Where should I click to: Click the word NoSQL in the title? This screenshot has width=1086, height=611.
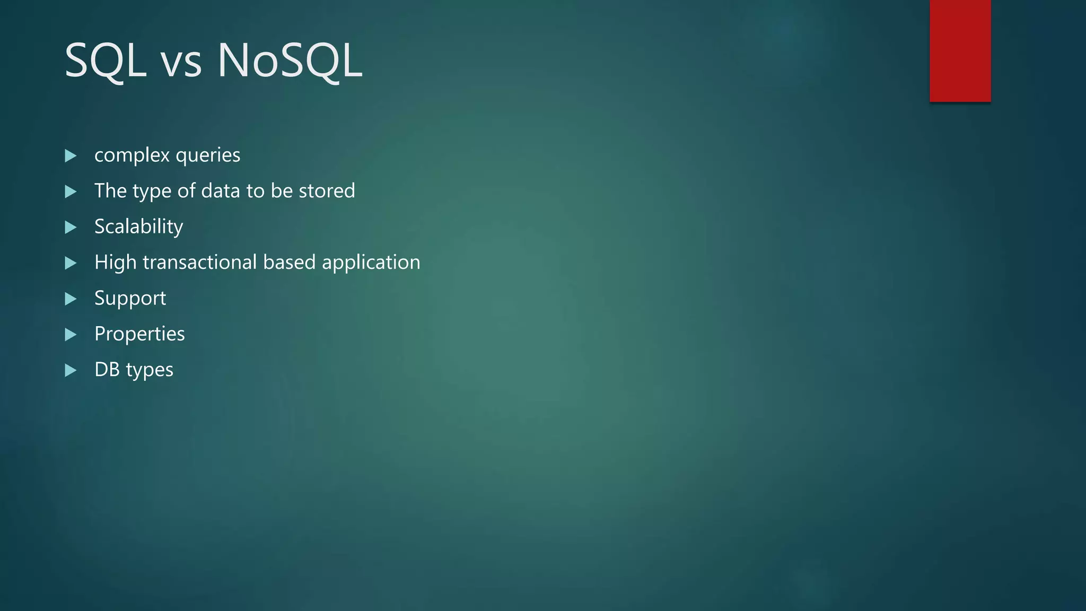tap(290, 61)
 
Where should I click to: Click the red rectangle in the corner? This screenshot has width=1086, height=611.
tap(960, 50)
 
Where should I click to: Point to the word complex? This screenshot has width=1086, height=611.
tap(132, 155)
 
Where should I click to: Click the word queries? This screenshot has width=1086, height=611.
tap(208, 156)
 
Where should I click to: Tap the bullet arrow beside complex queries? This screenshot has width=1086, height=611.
tap(71, 156)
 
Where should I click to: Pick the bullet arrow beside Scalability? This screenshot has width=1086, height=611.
tap(71, 228)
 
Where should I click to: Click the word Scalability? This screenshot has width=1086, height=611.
tap(139, 227)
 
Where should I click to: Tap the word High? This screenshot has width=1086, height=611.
tap(116, 263)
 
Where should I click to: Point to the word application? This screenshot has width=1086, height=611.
tap(371, 263)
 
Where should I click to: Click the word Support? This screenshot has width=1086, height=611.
tap(130, 299)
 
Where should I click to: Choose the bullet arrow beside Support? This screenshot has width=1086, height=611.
tap(71, 299)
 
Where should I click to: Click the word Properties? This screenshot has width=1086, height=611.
tap(139, 334)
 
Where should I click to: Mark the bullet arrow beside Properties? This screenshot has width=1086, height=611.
tap(71, 335)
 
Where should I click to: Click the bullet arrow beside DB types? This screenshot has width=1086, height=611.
tap(71, 370)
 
